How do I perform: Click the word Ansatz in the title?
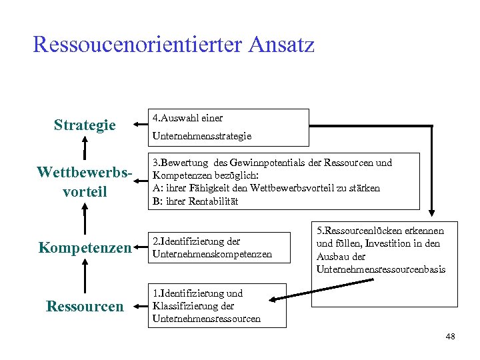[x=281, y=45]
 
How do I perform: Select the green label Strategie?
[x=85, y=125]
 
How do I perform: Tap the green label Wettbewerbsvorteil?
[x=85, y=181]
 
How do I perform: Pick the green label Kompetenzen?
[x=85, y=248]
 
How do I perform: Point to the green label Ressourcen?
[x=85, y=306]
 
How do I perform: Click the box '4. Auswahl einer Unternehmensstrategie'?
[x=229, y=127]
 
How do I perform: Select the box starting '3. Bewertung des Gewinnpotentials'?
[x=283, y=181]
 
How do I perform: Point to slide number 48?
[x=450, y=337]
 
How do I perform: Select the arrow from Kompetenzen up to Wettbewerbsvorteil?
[x=85, y=217]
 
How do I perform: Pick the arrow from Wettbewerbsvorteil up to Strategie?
[x=85, y=150]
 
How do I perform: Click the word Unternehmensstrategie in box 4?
[x=201, y=136]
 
